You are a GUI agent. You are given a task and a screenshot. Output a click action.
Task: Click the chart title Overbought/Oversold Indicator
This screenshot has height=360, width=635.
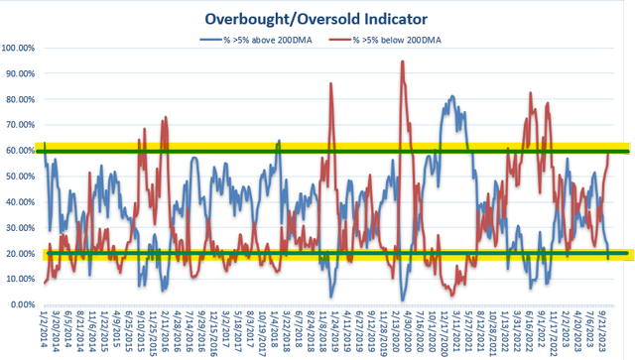coord(317,17)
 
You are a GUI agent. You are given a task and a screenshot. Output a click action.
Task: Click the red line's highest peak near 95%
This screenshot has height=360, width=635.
coord(402,61)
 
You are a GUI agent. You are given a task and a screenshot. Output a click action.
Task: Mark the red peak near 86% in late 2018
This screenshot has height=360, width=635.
coord(330,83)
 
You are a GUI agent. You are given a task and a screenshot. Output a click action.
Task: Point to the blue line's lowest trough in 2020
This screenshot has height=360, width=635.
coord(403,300)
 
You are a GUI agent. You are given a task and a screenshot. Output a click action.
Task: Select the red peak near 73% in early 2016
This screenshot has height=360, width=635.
coord(165,117)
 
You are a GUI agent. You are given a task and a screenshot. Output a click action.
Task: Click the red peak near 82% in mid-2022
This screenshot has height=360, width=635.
coord(531,93)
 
